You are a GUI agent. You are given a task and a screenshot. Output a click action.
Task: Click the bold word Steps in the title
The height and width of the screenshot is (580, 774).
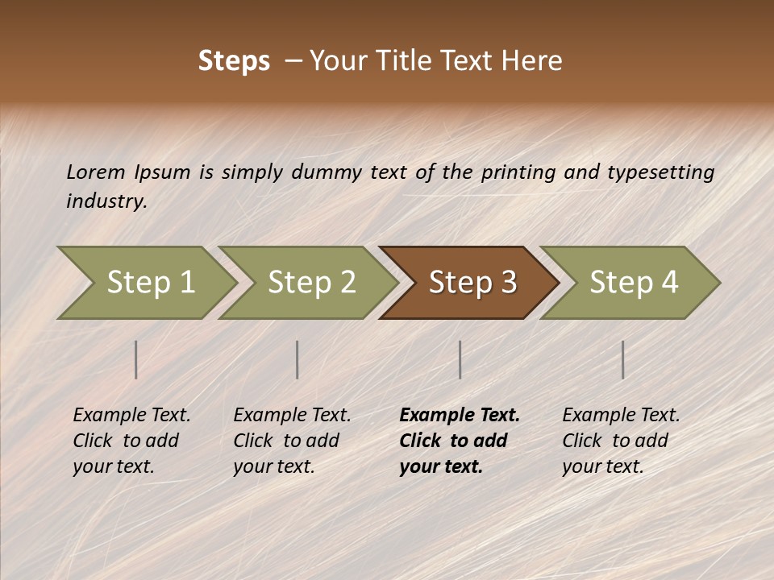(x=234, y=61)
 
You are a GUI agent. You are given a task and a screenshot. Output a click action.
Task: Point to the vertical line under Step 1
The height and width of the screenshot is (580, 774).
(x=136, y=359)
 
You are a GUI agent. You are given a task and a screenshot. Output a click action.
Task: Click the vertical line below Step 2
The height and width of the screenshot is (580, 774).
(x=298, y=359)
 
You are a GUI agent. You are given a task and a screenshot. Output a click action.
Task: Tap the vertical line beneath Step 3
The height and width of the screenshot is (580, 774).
(x=460, y=359)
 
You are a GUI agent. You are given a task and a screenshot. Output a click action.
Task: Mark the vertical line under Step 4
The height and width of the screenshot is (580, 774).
(x=623, y=359)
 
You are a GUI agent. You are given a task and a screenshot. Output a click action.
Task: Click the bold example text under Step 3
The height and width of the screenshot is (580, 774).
(x=459, y=441)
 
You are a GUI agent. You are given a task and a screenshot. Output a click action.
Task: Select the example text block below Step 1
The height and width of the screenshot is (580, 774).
(x=131, y=441)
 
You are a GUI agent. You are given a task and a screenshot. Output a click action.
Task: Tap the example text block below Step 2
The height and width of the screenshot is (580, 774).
(x=292, y=441)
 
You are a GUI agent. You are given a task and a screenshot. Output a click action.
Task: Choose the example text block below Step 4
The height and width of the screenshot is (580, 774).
(x=621, y=441)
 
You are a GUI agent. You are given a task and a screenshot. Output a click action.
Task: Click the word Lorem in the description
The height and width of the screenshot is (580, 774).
(x=96, y=172)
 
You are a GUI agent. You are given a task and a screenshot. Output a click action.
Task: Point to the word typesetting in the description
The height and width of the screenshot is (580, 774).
(x=661, y=172)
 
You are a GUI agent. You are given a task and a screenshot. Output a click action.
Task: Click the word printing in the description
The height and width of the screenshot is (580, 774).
(x=518, y=172)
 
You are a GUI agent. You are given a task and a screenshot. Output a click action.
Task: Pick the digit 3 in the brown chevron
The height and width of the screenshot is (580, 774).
(x=507, y=283)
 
